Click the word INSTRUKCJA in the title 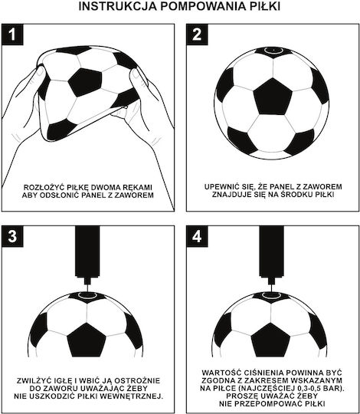117,6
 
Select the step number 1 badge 12,34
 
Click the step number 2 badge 197,34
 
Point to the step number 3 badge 12,236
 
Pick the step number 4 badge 197,236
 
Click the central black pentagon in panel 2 273,97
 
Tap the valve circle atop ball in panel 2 273,50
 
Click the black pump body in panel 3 87,251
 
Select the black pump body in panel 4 272,251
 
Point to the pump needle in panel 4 272,287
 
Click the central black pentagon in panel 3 87,340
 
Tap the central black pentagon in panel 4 270,340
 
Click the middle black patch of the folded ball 85,82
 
